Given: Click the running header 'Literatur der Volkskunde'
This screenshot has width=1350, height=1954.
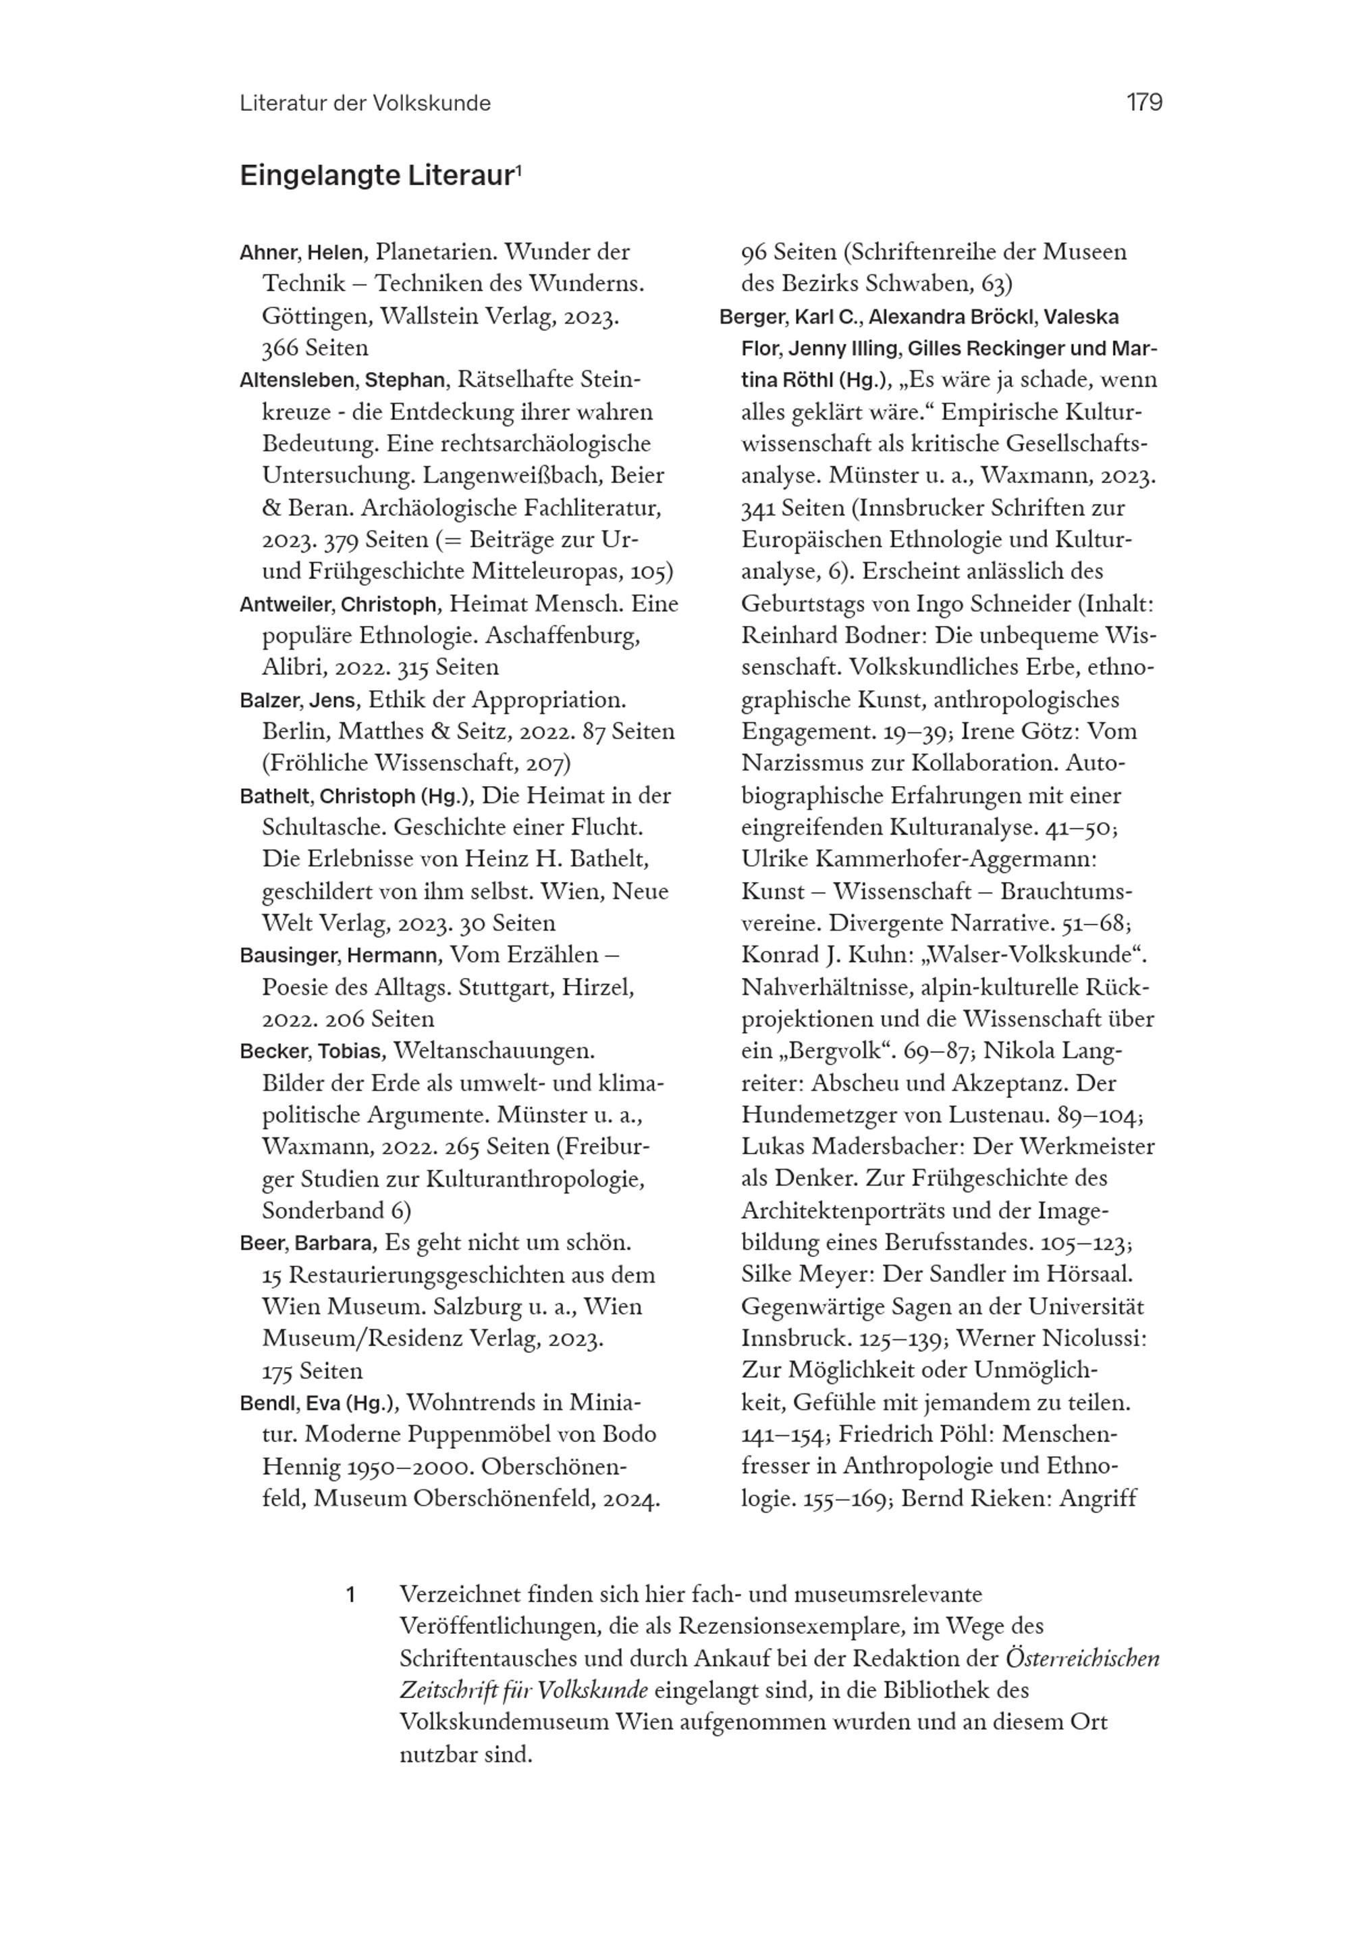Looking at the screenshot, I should tap(364, 103).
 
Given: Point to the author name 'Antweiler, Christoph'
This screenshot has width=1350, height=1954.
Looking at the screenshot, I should tap(338, 605).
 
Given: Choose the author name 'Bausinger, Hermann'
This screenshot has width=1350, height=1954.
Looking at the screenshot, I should tap(340, 956).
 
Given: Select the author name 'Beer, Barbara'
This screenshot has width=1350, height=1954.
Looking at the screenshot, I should tap(306, 1243).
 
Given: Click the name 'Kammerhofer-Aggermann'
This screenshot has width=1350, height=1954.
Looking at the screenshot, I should tap(955, 859).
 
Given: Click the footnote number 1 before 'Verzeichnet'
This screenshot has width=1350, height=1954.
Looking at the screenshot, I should tap(350, 1595).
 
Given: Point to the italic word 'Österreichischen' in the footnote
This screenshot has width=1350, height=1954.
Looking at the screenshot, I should tap(1082, 1659).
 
